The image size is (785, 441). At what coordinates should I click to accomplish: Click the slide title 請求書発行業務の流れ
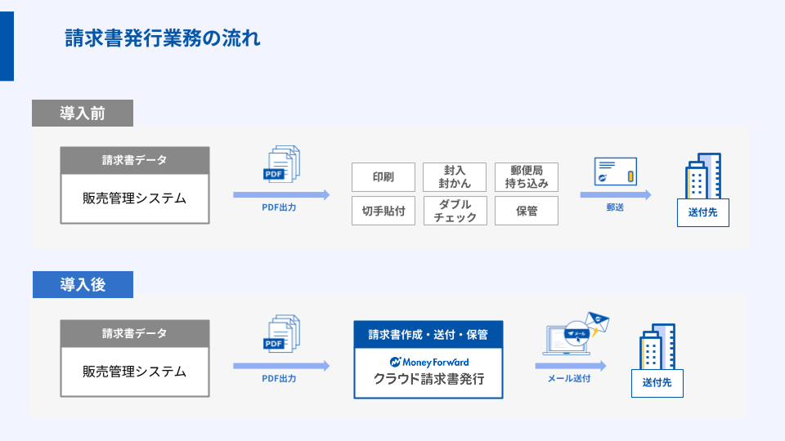[163, 38]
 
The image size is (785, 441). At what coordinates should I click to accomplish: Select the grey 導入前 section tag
[83, 113]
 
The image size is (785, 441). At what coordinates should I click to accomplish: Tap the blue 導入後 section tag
[83, 284]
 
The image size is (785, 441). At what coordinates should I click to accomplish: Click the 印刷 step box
[384, 177]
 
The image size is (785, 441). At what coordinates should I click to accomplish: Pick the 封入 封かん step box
[455, 177]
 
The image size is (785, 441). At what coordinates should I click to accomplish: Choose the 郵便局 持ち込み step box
[526, 177]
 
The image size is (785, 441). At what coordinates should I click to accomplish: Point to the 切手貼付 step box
[384, 211]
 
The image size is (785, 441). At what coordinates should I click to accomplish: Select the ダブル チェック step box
[455, 211]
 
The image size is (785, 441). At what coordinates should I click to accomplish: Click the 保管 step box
[526, 211]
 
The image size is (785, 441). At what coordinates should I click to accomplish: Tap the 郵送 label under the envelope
[615, 207]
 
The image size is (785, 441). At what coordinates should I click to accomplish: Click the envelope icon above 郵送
[615, 171]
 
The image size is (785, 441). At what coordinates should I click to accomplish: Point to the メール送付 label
[569, 378]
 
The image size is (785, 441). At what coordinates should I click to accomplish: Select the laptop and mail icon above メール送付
[576, 333]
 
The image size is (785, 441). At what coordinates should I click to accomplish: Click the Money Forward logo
[429, 362]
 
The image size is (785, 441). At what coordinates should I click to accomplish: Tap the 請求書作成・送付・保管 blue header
[428, 335]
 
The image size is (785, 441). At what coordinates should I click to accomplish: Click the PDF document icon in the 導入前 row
[281, 164]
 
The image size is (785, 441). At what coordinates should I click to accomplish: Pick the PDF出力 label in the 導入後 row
[279, 378]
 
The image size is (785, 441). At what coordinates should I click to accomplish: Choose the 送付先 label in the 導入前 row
[703, 212]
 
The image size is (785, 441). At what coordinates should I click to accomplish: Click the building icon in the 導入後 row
[657, 346]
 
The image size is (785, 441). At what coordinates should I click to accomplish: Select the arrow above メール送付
[571, 366]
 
